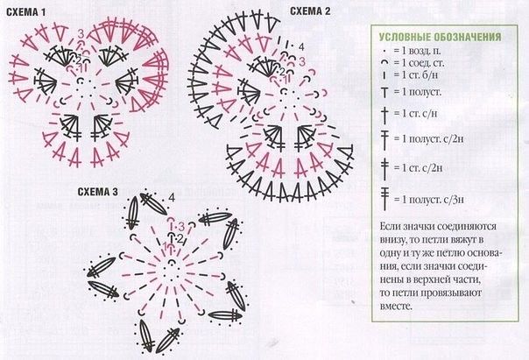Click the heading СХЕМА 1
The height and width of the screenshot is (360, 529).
pos(25,11)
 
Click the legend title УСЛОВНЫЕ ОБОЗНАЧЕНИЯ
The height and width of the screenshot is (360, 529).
pos(439,38)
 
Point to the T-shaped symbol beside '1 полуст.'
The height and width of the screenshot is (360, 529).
pos(385,92)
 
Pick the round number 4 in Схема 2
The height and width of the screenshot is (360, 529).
pos(301,46)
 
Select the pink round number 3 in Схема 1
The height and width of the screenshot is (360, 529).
pos(81,34)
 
